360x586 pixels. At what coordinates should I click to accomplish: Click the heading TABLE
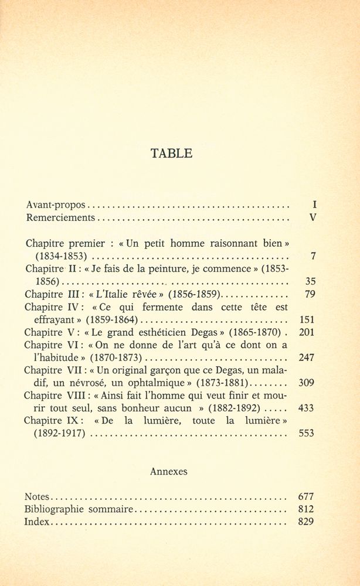click(x=171, y=154)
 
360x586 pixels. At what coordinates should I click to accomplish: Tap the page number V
click(x=313, y=217)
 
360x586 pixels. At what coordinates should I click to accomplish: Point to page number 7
click(x=315, y=255)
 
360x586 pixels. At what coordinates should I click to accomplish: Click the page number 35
click(x=311, y=281)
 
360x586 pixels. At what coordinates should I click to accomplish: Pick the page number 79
click(x=311, y=294)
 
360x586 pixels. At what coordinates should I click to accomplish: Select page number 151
click(x=307, y=319)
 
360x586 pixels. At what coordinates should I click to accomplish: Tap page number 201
click(x=307, y=332)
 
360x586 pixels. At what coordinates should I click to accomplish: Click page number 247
click(x=307, y=357)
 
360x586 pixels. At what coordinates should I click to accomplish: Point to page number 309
click(x=307, y=383)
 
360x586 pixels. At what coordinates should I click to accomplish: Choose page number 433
click(x=307, y=408)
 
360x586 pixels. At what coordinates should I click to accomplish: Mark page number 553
click(x=307, y=433)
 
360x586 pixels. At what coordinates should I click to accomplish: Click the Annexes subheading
click(x=169, y=471)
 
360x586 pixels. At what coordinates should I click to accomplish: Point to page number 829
click(x=306, y=522)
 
